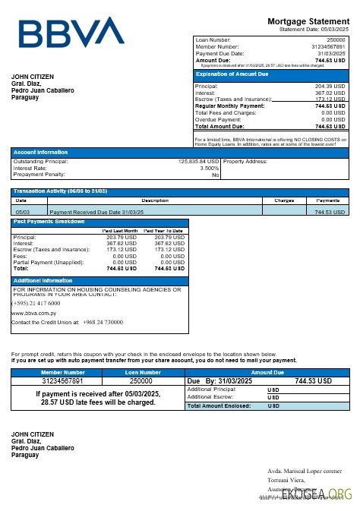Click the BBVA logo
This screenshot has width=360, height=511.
click(x=71, y=33)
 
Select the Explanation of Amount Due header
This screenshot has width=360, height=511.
click(x=232, y=74)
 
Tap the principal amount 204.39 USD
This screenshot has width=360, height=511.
click(x=330, y=87)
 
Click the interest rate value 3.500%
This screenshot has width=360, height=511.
click(x=209, y=168)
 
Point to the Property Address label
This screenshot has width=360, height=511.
click(x=245, y=161)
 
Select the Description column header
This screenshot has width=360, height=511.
click(x=154, y=200)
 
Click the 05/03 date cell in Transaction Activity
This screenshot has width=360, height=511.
click(x=23, y=212)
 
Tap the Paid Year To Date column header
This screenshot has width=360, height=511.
click(x=163, y=230)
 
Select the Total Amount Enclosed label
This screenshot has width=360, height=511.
click(x=219, y=406)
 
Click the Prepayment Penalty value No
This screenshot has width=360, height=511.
click(x=215, y=175)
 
